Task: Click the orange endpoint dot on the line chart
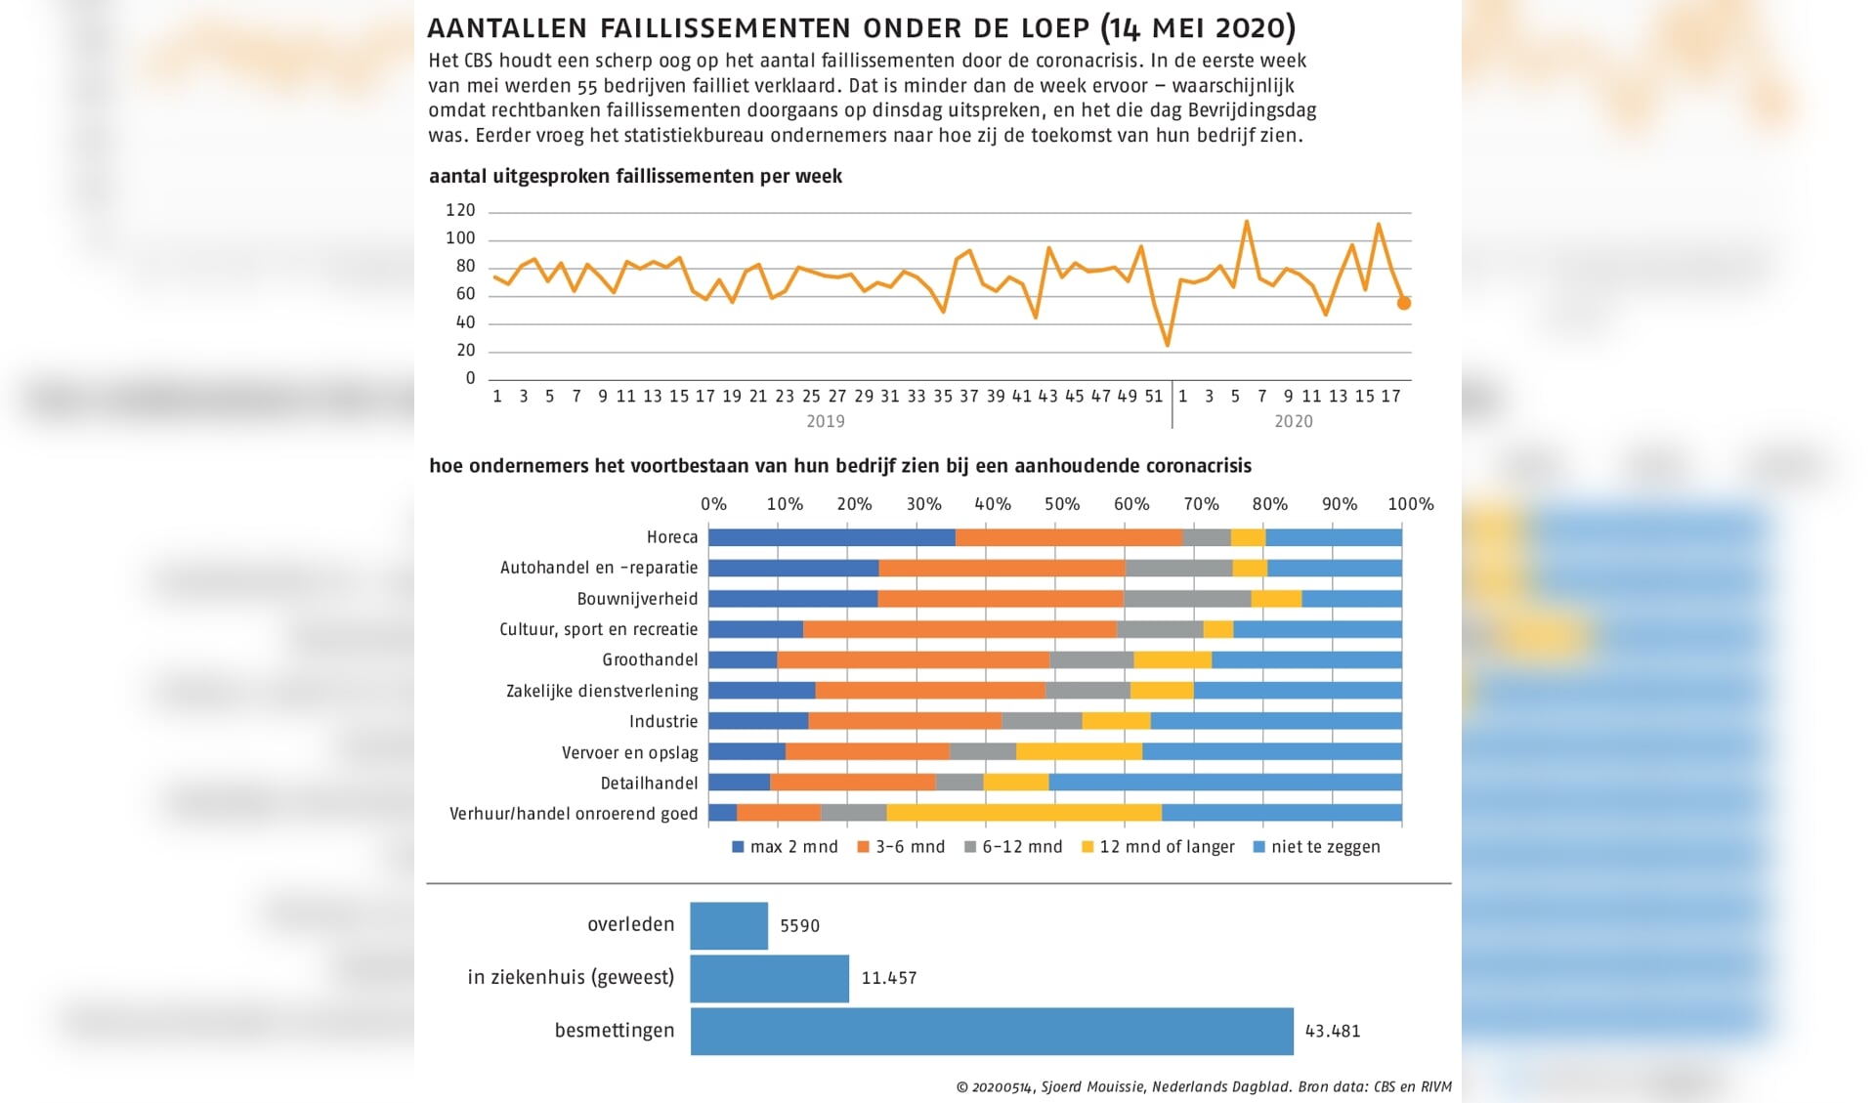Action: click(1403, 304)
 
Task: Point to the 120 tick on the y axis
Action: click(460, 210)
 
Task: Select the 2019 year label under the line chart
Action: click(826, 421)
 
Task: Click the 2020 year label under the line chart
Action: click(1293, 421)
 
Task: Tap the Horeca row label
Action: click(672, 537)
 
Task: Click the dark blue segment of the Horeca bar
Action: click(831, 537)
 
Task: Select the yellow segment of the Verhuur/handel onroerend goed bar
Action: click(1024, 813)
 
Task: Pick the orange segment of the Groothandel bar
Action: click(914, 659)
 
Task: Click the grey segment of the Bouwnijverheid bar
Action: click(1187, 599)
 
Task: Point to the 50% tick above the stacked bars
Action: click(1062, 504)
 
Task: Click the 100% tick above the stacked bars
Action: click(1410, 504)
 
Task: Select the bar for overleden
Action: click(729, 925)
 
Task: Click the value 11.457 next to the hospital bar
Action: click(888, 978)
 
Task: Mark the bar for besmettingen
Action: click(992, 1031)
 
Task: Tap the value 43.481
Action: click(1333, 1031)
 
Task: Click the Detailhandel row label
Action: click(649, 784)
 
